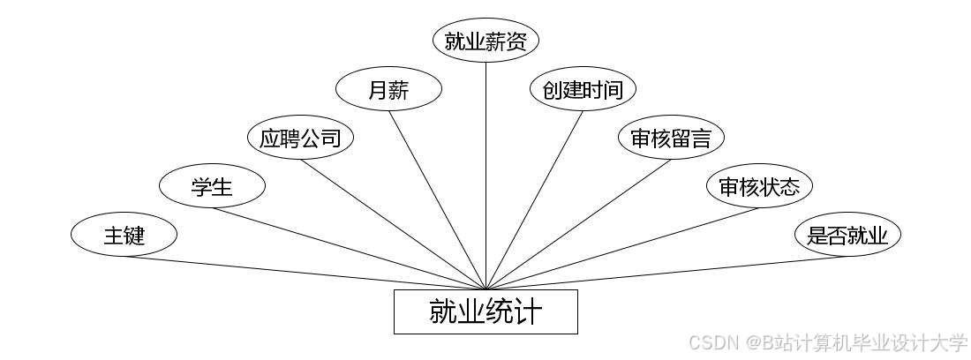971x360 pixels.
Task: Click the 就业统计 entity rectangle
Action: pos(485,311)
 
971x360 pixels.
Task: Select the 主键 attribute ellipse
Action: pos(124,235)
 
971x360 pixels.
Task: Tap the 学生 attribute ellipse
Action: pos(212,186)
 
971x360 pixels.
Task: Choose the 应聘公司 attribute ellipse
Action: pos(300,138)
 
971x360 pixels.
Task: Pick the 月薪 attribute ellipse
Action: pos(388,89)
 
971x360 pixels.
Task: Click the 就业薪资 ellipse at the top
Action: pos(485,41)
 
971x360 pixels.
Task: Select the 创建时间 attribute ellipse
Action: pos(583,89)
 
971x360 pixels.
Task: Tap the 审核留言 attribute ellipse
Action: pos(671,138)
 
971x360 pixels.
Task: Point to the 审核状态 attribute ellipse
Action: pos(759,186)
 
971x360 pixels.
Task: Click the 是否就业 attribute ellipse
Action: pos(847,235)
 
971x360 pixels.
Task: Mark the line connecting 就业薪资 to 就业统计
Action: pos(485,176)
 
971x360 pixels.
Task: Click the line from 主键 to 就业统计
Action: pos(305,273)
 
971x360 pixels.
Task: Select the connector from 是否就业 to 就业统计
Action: pos(666,273)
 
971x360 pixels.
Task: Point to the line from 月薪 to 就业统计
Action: pos(437,199)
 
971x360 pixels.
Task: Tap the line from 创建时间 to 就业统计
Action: pos(534,199)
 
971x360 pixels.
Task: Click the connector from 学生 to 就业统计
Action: pos(349,248)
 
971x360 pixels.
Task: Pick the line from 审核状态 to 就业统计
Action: pos(622,248)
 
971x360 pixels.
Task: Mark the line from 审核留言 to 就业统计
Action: pos(578,224)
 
